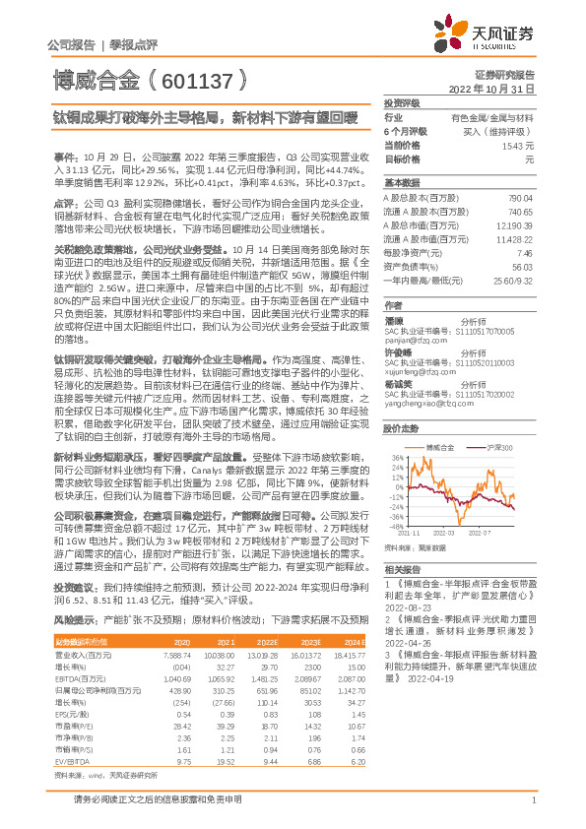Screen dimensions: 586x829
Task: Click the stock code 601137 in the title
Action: [206, 78]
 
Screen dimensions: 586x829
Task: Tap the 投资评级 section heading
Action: [402, 102]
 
